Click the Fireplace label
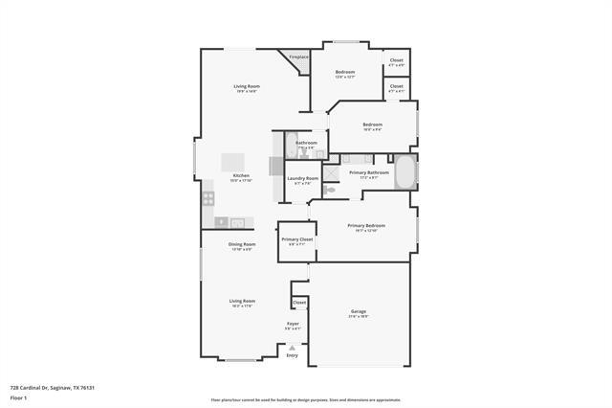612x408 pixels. (298, 57)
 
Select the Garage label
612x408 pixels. (359, 312)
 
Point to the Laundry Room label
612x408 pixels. (302, 178)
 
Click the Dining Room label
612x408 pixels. (241, 245)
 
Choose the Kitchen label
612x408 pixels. (241, 176)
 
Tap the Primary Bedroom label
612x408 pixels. (367, 227)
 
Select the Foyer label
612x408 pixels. (293, 325)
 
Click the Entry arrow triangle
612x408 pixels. (293, 348)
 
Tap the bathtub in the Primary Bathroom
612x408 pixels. (404, 172)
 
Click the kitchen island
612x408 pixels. (233, 162)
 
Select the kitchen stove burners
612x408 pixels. (208, 199)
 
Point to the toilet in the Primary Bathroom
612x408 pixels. (330, 191)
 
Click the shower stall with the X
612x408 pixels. (331, 172)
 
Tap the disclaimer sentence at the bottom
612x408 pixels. (306, 400)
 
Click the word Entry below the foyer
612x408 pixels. (293, 355)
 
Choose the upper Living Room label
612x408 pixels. (248, 88)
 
